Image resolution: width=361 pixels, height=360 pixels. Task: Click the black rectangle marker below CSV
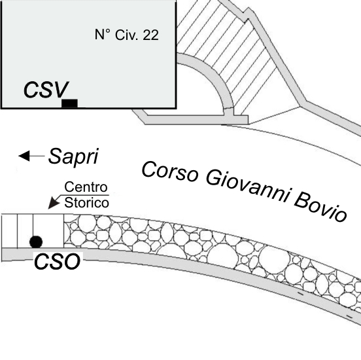pyautogui.click(x=69, y=103)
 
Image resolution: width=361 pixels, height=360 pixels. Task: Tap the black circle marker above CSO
pyautogui.click(x=36, y=242)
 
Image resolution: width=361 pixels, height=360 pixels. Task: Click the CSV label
pyautogui.click(x=46, y=90)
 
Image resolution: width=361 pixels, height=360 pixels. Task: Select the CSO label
pyautogui.click(x=58, y=261)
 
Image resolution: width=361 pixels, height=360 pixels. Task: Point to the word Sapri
pyautogui.click(x=73, y=156)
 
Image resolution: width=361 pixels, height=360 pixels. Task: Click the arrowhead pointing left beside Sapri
pyautogui.click(x=24, y=156)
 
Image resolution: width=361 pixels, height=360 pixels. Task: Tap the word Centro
pyautogui.click(x=86, y=187)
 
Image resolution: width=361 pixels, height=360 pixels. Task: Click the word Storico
pyautogui.click(x=86, y=203)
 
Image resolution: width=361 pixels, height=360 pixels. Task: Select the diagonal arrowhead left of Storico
pyautogui.click(x=54, y=203)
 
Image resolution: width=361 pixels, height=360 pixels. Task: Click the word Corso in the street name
pyautogui.click(x=169, y=171)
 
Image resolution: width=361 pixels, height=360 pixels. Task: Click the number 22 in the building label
pyautogui.click(x=151, y=35)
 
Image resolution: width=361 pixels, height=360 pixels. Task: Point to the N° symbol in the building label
pyautogui.click(x=103, y=35)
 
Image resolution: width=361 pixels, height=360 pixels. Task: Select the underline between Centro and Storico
pyautogui.click(x=84, y=195)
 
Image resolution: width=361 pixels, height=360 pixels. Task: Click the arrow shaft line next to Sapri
pyautogui.click(x=37, y=156)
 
